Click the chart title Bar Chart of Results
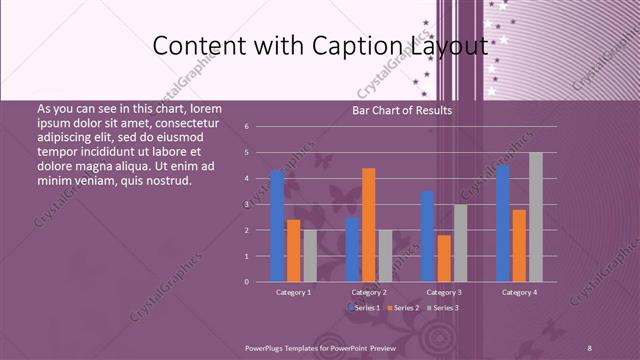[x=403, y=111]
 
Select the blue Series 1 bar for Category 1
[x=277, y=225]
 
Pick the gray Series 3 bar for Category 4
[x=536, y=216]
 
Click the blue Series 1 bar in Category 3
[x=428, y=236]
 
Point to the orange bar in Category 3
[x=444, y=258]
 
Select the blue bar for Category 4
[x=502, y=223]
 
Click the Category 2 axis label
[x=369, y=292]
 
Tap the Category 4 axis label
[x=519, y=292]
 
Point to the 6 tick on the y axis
[x=260, y=127]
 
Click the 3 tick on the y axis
[x=260, y=204]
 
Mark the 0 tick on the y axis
[x=260, y=281]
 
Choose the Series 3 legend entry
[x=445, y=309]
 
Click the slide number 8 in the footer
[x=590, y=346]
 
